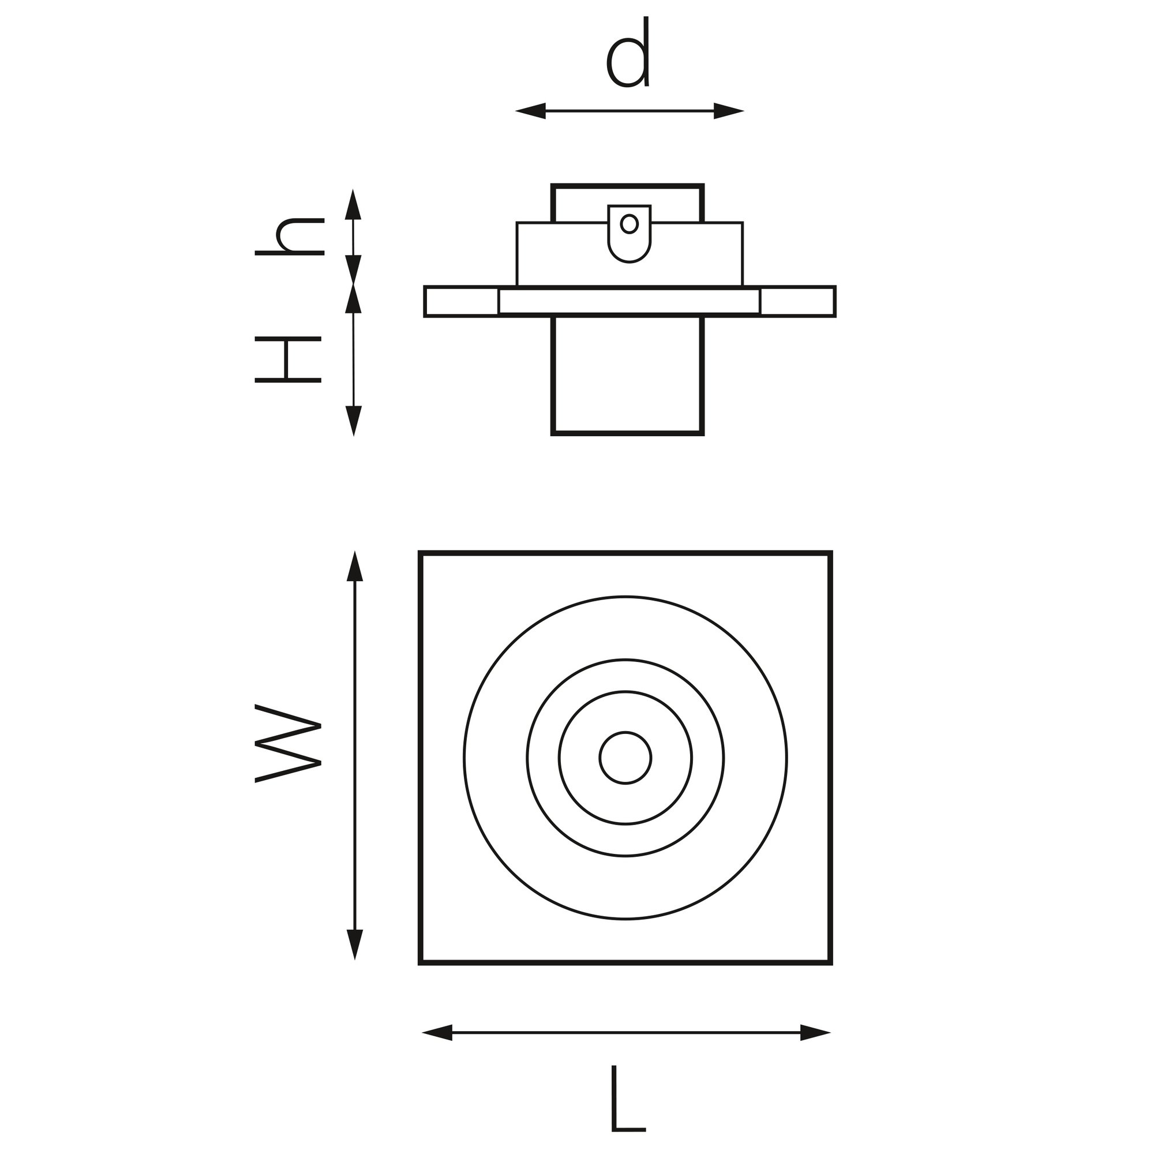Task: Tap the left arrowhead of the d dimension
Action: coord(530,111)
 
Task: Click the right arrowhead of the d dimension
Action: coord(729,111)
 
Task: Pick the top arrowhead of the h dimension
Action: coord(354,204)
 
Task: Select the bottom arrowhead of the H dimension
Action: coord(354,421)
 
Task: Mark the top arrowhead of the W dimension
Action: coord(355,565)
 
